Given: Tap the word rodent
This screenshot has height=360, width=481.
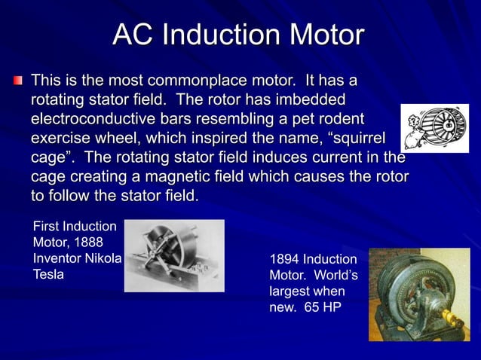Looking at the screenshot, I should click(x=341, y=120).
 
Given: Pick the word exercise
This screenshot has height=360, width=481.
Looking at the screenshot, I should click(x=63, y=139).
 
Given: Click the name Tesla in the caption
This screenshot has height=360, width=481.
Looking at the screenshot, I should click(x=48, y=274).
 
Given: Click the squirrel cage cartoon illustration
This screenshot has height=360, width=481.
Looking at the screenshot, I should click(x=434, y=128).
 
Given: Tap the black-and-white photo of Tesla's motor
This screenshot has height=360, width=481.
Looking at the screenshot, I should click(x=173, y=255).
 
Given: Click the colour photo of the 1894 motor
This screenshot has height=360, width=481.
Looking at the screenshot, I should click(x=418, y=294).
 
